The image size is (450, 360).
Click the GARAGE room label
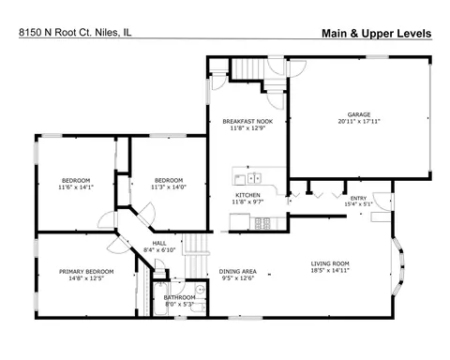[x=359, y=114]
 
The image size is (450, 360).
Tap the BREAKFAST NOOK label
[x=247, y=121]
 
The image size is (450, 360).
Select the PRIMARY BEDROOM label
[x=86, y=272]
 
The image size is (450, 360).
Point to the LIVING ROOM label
[x=330, y=263]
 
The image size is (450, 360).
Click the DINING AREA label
[x=238, y=271]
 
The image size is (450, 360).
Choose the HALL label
[x=159, y=243]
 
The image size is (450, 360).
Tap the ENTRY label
[x=358, y=198]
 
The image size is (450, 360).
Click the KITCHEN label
[x=247, y=195]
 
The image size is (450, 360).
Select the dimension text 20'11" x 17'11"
[x=359, y=121]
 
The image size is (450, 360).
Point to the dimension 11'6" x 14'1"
[x=76, y=187]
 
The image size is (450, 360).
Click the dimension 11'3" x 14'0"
[x=169, y=187]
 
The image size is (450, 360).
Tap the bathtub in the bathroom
[x=161, y=299]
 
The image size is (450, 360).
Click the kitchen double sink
[x=254, y=178]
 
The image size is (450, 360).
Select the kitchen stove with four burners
[x=262, y=223]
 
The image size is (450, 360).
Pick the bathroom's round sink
[x=200, y=289]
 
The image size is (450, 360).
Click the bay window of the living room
[x=398, y=266]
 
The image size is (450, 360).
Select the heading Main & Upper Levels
[x=377, y=34]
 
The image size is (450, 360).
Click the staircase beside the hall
[x=196, y=256]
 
